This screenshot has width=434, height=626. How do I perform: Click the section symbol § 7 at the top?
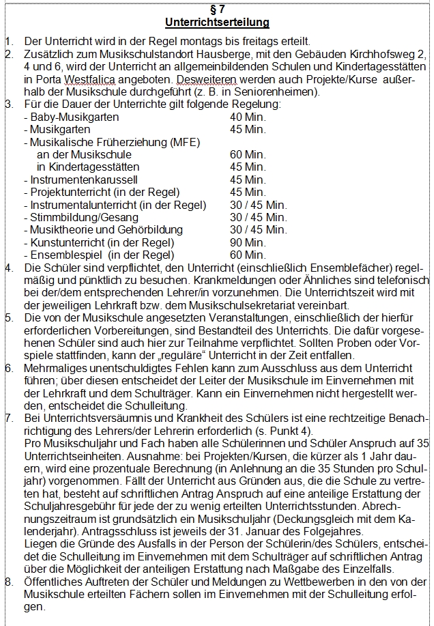216,9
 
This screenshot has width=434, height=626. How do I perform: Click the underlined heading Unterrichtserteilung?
216,23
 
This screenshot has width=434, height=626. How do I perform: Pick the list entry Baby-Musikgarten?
72,117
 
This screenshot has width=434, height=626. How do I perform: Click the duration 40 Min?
248,117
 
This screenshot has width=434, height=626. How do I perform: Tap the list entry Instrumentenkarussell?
84,180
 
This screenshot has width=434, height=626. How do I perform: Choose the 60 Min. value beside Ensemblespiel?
248,255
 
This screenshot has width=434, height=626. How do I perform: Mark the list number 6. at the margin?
8,368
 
